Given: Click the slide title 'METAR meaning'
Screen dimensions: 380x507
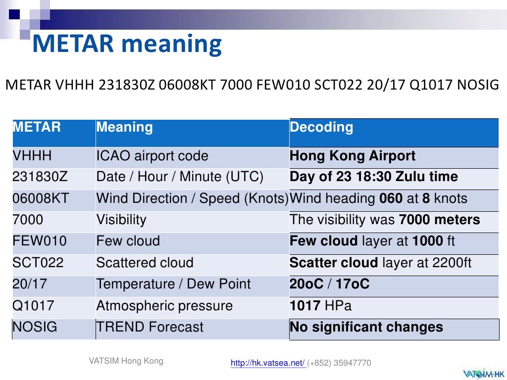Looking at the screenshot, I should (127, 44).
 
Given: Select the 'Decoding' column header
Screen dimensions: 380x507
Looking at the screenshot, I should (321, 128).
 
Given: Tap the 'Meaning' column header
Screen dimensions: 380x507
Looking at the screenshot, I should (125, 128).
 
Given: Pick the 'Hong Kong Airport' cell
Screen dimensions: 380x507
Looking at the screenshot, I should (353, 156).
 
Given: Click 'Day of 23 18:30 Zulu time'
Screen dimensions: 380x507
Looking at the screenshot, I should (373, 177).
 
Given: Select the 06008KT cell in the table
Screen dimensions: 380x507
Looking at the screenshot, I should (41, 198).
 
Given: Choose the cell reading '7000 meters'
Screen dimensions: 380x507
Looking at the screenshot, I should (385, 220).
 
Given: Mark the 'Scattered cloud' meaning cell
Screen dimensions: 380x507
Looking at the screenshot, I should (145, 263).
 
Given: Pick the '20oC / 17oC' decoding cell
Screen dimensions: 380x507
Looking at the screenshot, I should (329, 284).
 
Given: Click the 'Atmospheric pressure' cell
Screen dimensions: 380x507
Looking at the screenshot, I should (164, 306).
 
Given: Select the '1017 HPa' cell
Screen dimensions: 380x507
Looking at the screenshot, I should (320, 306).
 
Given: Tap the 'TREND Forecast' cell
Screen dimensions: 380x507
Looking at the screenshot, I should (150, 327).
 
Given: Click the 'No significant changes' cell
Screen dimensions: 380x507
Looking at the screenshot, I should (366, 327).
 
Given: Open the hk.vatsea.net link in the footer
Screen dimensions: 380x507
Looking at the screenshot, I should (268, 363).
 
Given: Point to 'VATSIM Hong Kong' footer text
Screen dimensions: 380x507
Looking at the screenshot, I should (126, 361).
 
